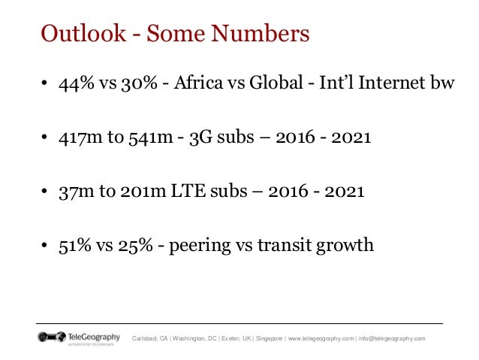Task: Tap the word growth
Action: coord(343,246)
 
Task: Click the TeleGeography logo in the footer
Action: coord(78,337)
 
